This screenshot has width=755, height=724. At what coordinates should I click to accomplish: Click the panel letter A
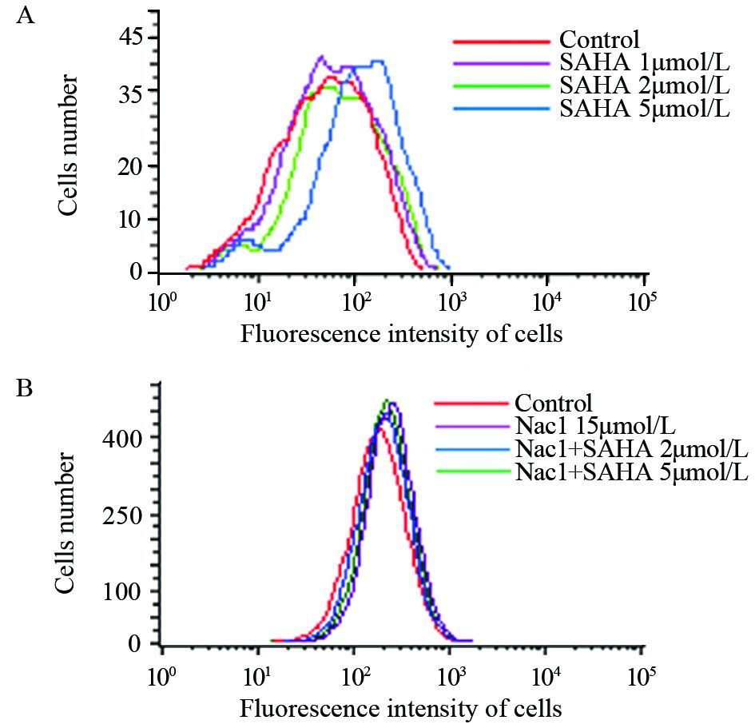[25, 17]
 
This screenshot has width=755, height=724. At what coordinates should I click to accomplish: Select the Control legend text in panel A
[599, 39]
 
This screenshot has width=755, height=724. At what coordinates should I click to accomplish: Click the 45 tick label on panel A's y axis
[132, 37]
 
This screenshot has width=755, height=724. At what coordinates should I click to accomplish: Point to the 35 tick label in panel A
[132, 91]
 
